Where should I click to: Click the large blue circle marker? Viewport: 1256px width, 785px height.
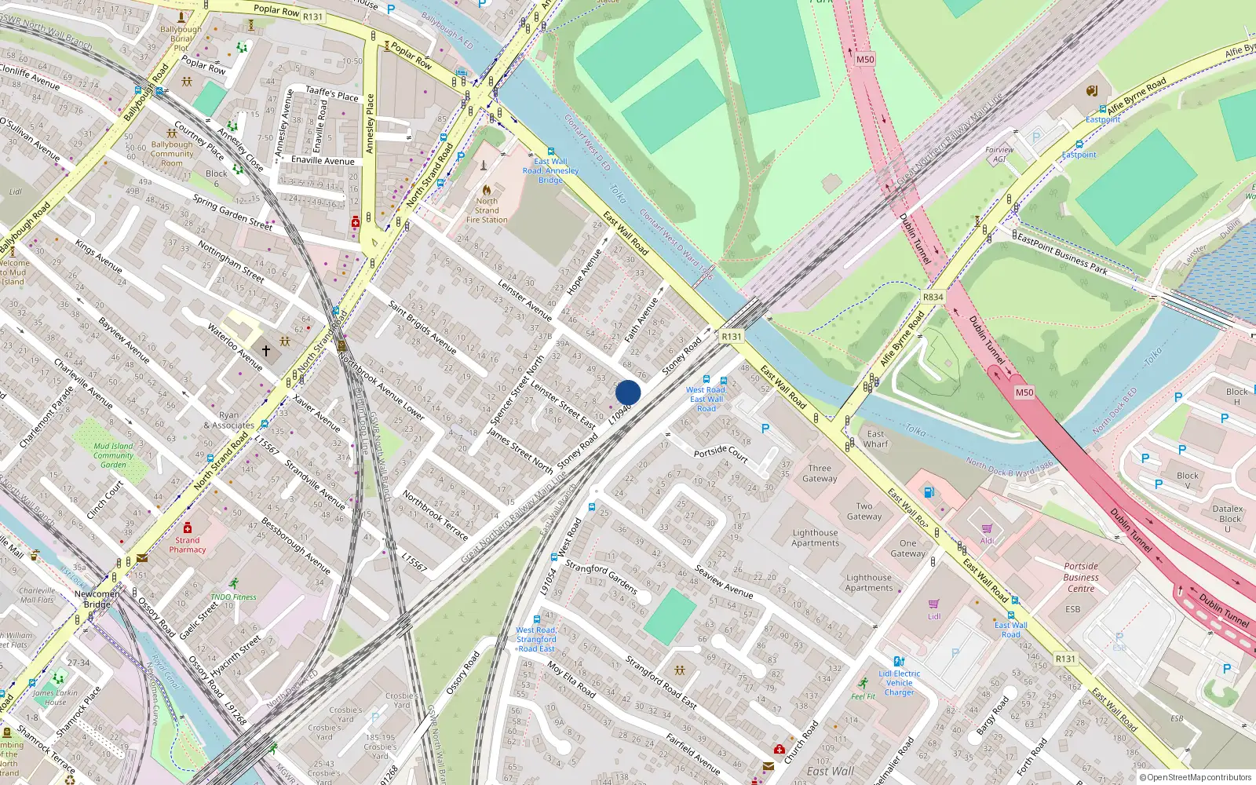[x=628, y=392]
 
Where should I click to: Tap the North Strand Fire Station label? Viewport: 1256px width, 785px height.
[x=487, y=210]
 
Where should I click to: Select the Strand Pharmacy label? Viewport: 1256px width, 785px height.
[x=188, y=545]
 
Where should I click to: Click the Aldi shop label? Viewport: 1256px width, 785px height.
[x=987, y=540]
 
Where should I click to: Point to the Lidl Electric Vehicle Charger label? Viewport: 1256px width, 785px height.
[x=900, y=683]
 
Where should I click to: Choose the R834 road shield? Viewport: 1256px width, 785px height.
[x=933, y=297]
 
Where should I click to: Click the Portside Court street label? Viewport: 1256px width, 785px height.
[x=721, y=452]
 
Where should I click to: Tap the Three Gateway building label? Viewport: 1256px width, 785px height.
[x=820, y=473]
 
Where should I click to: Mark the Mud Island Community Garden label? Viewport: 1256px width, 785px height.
[x=114, y=455]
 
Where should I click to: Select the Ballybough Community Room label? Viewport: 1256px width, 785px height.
[x=172, y=154]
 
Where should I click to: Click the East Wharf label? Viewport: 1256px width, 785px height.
[x=876, y=439]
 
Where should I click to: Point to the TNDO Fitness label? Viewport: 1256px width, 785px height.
[x=233, y=597]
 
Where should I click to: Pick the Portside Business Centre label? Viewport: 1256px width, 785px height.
[x=1081, y=577]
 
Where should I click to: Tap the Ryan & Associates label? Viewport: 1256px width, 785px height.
[x=229, y=420]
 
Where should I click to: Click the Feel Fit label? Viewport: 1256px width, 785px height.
[x=863, y=696]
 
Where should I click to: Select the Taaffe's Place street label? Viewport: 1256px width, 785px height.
[x=331, y=94]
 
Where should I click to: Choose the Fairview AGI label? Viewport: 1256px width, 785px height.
[x=999, y=154]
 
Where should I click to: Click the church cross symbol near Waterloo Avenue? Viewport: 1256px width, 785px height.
[x=266, y=350]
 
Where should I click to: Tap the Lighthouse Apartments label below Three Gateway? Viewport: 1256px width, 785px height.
[x=815, y=538]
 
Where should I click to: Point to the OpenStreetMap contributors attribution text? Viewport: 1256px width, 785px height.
[x=1199, y=778]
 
